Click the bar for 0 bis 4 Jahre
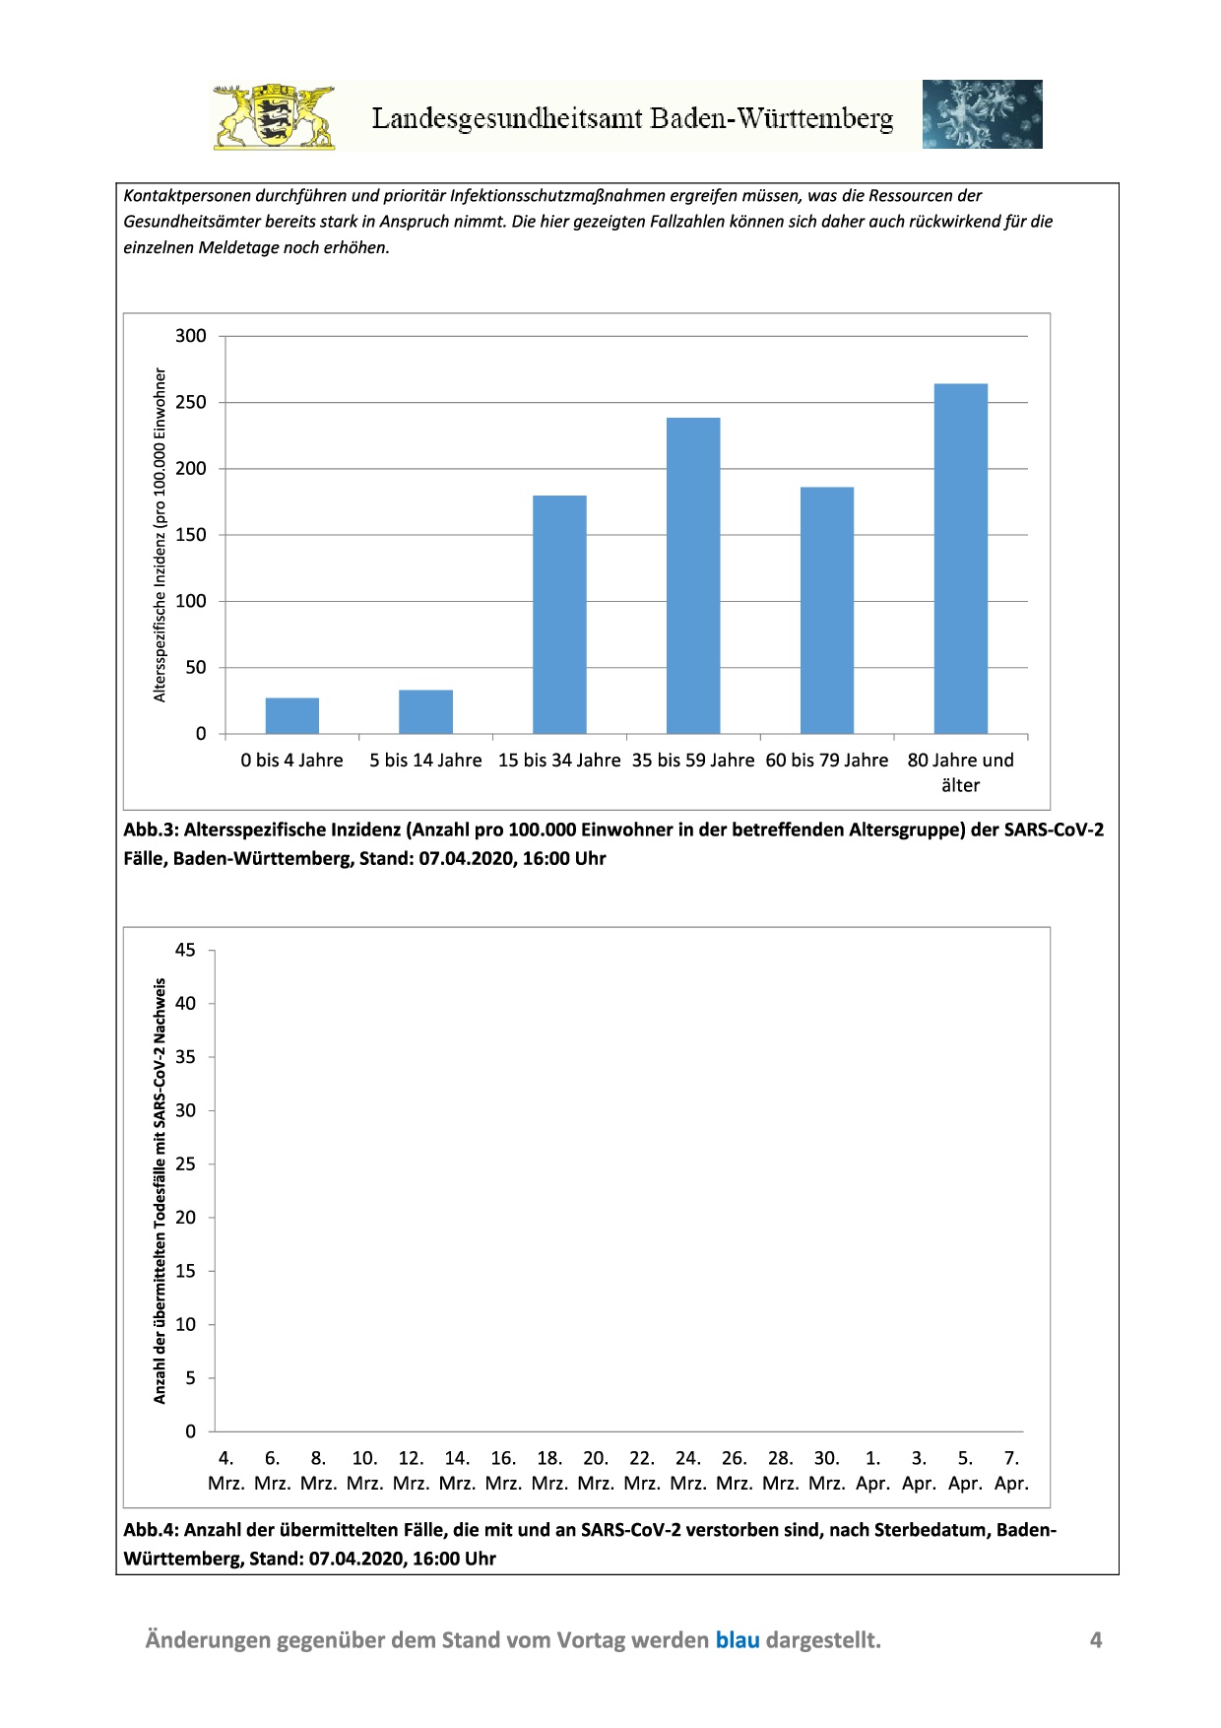(x=292, y=716)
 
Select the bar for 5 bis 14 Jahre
(x=425, y=712)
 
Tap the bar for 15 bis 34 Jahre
(x=559, y=615)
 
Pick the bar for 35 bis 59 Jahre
(x=693, y=576)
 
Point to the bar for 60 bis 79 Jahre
(x=827, y=611)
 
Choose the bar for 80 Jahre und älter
(x=960, y=559)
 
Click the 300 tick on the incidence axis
(x=191, y=336)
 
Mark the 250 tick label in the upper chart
(x=191, y=402)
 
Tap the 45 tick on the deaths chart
(x=185, y=951)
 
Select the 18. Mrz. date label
(x=549, y=1471)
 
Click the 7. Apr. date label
(x=1011, y=1471)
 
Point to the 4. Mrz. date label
(x=225, y=1471)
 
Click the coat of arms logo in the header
(x=274, y=117)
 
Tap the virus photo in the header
(x=982, y=114)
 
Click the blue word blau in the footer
(x=738, y=1640)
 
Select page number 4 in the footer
(x=1095, y=1640)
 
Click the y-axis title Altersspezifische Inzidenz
(x=161, y=535)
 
